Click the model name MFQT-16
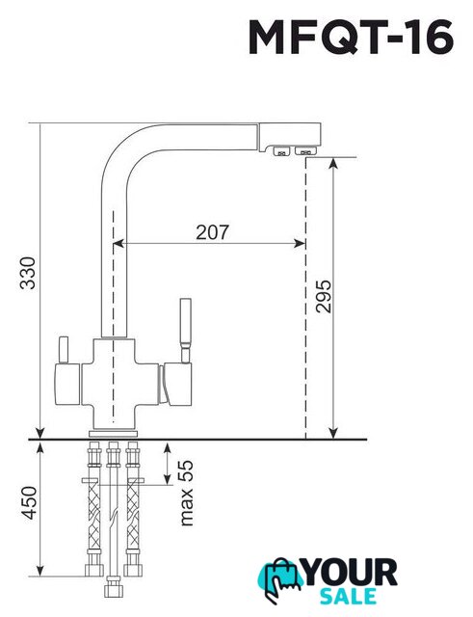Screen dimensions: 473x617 [x=351, y=37]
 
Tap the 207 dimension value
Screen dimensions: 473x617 [x=212, y=232]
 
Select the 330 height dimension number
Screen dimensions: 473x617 [x=28, y=273]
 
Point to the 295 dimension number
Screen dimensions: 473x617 [x=324, y=296]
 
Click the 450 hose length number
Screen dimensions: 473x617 [x=28, y=502]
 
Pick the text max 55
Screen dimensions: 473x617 [x=186, y=493]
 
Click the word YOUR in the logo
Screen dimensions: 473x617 [x=351, y=573]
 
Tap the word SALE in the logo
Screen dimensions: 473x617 [x=348, y=597]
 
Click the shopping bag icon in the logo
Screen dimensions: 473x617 [x=280, y=577]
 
